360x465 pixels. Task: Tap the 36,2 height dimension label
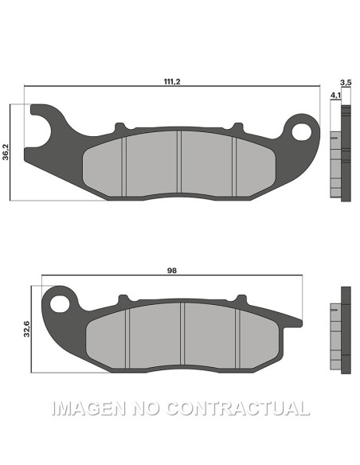point(6,151)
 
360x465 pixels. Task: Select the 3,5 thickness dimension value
point(345,83)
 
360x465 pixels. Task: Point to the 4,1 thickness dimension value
point(335,95)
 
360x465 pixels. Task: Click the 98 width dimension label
point(171,271)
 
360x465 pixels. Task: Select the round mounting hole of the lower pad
point(57,302)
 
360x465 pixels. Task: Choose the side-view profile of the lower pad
point(341,328)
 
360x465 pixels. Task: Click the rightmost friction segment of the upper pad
point(253,164)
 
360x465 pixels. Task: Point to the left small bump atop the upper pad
point(120,127)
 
